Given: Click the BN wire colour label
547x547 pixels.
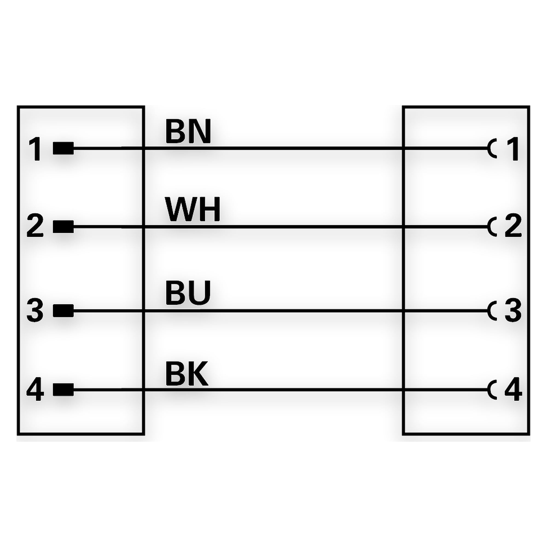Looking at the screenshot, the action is [x=188, y=131].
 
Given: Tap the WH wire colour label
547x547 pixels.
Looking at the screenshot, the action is [x=193, y=210].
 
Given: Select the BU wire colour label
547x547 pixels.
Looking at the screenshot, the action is [x=188, y=293].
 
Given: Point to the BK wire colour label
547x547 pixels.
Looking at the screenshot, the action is [x=187, y=373].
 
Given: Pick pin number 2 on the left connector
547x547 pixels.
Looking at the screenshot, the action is [x=35, y=226].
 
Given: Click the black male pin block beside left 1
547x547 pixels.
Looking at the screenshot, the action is [x=63, y=148].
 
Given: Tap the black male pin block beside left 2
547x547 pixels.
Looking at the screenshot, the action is [x=63, y=227].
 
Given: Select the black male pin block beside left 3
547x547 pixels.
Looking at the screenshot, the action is [x=63, y=311].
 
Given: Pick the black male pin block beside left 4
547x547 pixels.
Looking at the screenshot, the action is [x=63, y=389].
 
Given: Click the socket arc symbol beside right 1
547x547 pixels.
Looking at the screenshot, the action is [x=489, y=148].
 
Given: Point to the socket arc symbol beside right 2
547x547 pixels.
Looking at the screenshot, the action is [x=489, y=227].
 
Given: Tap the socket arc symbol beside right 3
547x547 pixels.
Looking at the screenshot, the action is [x=489, y=311].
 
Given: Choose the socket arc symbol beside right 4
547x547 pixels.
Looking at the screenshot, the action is [x=489, y=389].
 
